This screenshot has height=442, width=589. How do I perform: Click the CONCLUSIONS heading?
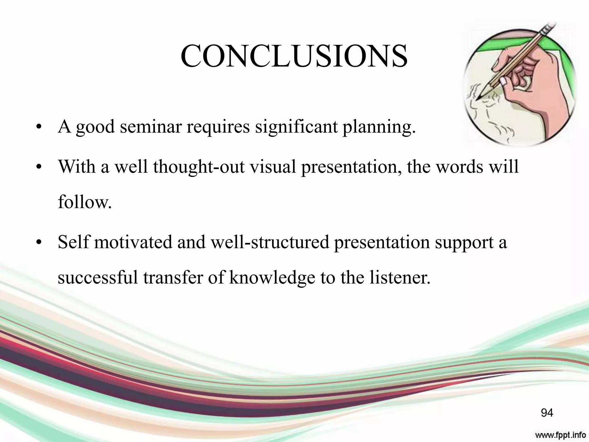tap(294, 56)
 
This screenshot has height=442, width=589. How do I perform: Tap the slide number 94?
tap(547, 413)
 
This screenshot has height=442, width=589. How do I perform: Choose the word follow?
tap(85, 202)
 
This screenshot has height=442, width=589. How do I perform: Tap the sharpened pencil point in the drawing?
tap(478, 99)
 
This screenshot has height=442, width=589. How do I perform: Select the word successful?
tap(98, 278)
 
